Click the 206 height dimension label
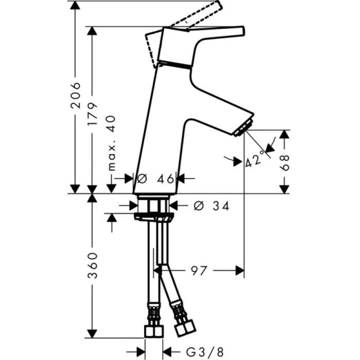click(76, 94)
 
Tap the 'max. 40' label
click(113, 143)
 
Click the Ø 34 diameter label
click(211, 206)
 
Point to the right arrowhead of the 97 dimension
click(239, 270)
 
